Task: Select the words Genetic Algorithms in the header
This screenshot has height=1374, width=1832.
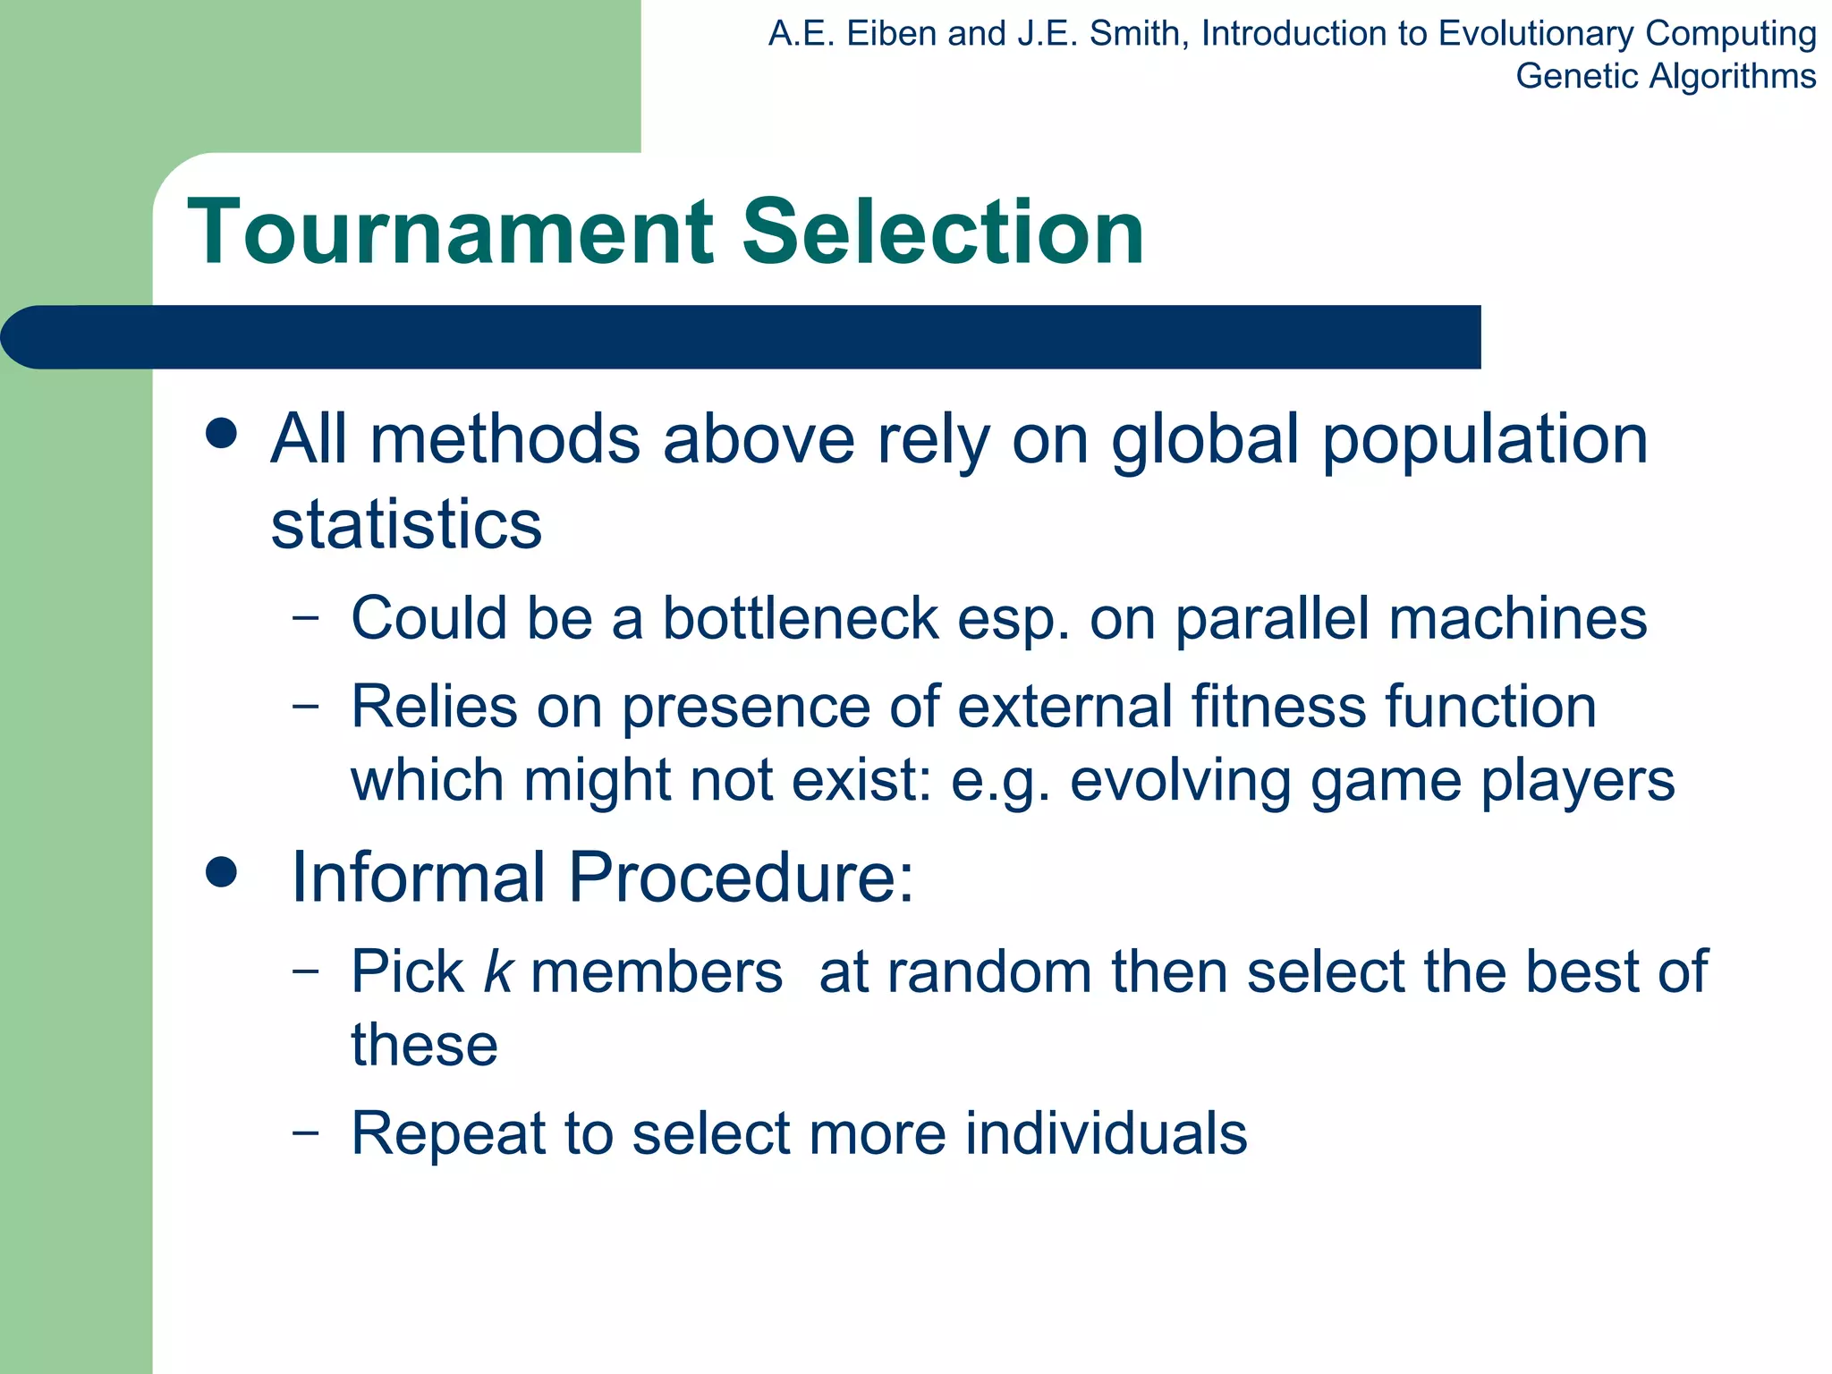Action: coord(1665,76)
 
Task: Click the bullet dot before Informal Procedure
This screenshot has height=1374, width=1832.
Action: coord(221,871)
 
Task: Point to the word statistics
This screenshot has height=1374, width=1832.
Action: coord(406,524)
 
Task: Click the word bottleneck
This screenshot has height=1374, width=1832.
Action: coord(801,618)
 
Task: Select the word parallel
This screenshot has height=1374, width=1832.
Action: coord(1272,620)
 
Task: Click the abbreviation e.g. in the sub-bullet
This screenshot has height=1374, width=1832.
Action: coord(1000,782)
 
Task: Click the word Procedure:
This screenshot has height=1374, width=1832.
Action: coord(742,877)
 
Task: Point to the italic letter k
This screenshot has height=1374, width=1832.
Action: coord(497,971)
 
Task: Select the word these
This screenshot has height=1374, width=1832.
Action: coord(424,1045)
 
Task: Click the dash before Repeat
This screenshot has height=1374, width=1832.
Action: coord(305,1132)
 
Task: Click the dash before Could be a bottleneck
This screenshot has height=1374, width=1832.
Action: coord(305,616)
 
